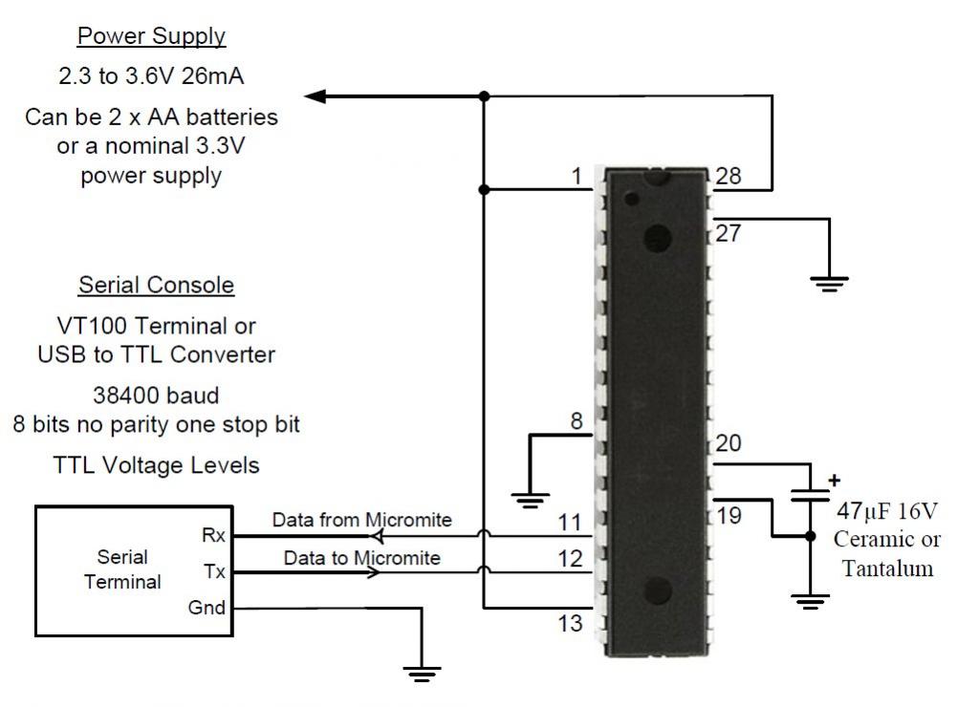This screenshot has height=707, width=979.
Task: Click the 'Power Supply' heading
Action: click(x=151, y=36)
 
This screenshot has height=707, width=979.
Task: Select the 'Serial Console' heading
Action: click(x=156, y=285)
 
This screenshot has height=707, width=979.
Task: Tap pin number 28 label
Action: click(x=728, y=176)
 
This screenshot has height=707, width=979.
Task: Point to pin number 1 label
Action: click(x=576, y=176)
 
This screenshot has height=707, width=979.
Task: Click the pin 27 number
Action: click(x=728, y=233)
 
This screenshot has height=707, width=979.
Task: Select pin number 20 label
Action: click(x=728, y=443)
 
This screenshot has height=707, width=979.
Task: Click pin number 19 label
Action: click(x=728, y=516)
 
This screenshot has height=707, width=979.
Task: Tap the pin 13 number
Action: click(x=570, y=624)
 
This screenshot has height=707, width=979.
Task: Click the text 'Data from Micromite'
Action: click(x=361, y=521)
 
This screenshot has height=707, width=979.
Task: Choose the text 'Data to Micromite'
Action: click(x=361, y=557)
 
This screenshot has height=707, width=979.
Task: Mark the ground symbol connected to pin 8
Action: click(x=529, y=498)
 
